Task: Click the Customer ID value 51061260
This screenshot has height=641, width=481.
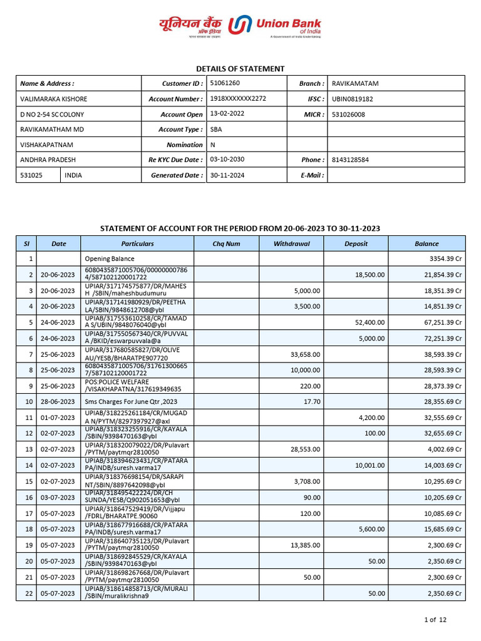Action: (225, 83)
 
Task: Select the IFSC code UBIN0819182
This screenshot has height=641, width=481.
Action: (353, 99)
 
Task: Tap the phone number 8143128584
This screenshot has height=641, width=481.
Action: (350, 160)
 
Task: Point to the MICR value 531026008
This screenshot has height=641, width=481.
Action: (348, 115)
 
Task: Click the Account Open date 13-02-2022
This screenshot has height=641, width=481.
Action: (224, 114)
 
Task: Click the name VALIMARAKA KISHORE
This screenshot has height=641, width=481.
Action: (54, 99)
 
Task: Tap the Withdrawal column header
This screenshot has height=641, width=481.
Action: (291, 244)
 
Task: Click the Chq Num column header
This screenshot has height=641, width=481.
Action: (226, 244)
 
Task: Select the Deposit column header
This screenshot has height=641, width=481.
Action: (356, 244)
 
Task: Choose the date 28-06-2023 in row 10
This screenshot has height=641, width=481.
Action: (58, 401)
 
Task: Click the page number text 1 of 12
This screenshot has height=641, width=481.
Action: (435, 620)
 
